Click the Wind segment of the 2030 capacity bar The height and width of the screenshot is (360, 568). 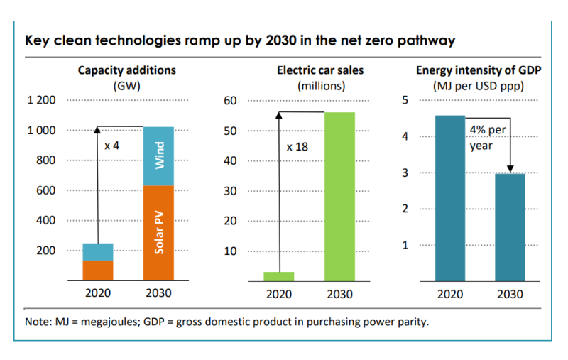coord(159,156)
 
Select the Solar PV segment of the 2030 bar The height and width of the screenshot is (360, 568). coord(159,233)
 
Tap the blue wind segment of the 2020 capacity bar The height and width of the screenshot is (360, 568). coord(98,252)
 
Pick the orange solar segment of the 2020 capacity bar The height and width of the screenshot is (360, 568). coord(98,271)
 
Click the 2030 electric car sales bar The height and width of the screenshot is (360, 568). coord(339,197)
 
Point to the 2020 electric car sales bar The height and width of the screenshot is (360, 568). coord(278,276)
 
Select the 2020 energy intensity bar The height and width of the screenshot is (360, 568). coord(450,198)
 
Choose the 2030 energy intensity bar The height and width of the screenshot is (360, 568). coord(510,227)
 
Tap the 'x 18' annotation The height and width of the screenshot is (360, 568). coord(298,147)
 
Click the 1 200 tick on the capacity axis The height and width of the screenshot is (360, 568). coord(41,100)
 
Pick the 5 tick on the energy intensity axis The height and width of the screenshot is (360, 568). coord(405,100)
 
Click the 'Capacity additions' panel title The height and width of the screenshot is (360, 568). coord(127,70)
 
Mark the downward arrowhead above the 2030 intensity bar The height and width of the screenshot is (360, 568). coord(510,169)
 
